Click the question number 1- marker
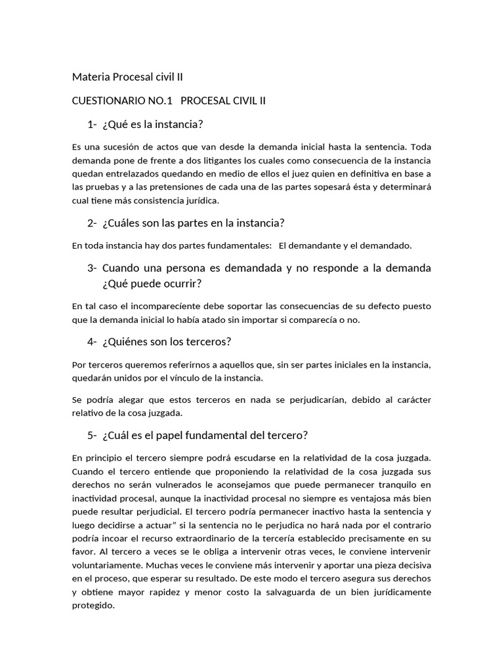[92, 125]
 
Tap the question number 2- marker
[92, 223]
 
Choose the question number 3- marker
[92, 268]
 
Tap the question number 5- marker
[92, 435]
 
